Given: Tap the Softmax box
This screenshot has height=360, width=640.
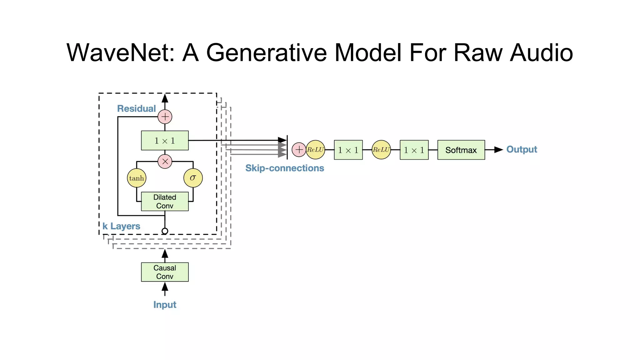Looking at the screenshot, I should pyautogui.click(x=461, y=150).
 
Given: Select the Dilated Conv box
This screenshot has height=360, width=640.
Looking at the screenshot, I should pyautogui.click(x=165, y=202).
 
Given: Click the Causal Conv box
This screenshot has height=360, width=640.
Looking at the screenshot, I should pyautogui.click(x=165, y=272).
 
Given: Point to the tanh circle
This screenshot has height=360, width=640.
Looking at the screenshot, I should pyautogui.click(x=137, y=178).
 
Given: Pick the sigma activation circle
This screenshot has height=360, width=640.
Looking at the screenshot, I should pyautogui.click(x=193, y=178).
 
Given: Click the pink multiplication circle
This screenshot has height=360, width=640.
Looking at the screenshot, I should pyautogui.click(x=165, y=162).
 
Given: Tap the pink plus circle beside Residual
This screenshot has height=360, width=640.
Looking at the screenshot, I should pyautogui.click(x=165, y=117).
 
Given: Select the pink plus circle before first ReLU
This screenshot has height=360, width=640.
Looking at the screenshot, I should pyautogui.click(x=299, y=150).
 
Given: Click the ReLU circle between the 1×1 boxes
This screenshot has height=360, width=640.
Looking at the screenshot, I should pyautogui.click(x=381, y=150).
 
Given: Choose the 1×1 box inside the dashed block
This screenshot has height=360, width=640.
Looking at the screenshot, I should pyautogui.click(x=165, y=141).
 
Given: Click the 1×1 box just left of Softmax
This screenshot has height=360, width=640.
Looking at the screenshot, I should pyautogui.click(x=414, y=150).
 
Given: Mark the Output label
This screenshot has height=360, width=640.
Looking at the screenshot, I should pyautogui.click(x=522, y=149).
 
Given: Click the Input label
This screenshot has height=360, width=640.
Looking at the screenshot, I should pyautogui.click(x=165, y=305).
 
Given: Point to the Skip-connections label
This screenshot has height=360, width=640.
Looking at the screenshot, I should pyautogui.click(x=284, y=168).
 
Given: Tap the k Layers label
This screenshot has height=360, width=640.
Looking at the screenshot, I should pyautogui.click(x=121, y=226).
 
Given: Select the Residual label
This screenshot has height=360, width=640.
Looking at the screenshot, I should pyautogui.click(x=136, y=109).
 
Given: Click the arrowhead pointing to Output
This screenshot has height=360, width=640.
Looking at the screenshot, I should pyautogui.click(x=498, y=150).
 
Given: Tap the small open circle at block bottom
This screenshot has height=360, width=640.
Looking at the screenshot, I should pyautogui.click(x=165, y=231).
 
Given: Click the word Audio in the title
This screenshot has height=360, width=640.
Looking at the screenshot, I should pyautogui.click(x=541, y=52).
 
